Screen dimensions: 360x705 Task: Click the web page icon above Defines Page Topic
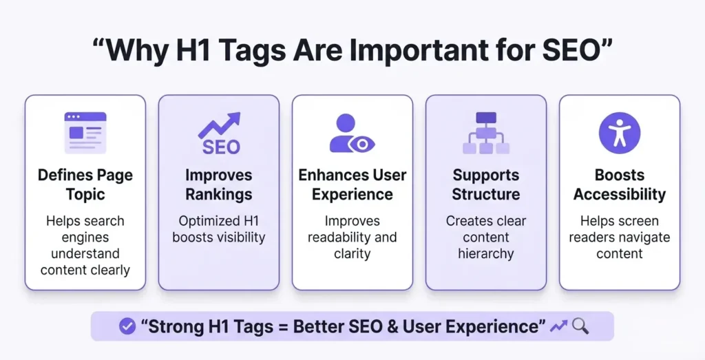[85, 132]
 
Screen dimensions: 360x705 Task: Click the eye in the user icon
[361, 144]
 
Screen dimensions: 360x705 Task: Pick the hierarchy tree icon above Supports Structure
[486, 133]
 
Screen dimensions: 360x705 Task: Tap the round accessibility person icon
[620, 133]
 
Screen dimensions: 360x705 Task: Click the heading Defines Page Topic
[85, 184]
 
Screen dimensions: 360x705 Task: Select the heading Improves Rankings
[219, 184]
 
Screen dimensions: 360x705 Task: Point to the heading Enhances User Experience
[352, 184]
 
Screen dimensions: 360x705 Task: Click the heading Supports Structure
[486, 184]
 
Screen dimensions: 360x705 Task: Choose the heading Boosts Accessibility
[620, 184]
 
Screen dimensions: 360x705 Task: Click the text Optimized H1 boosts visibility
[219, 229]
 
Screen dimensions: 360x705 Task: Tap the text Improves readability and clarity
[352, 237]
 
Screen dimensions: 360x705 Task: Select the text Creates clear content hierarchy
[486, 237]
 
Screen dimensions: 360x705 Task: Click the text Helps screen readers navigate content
[620, 237]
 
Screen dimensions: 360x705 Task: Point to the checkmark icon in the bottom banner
[127, 326]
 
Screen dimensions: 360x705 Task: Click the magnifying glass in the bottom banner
[580, 326]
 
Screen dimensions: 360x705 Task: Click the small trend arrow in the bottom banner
[558, 326]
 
